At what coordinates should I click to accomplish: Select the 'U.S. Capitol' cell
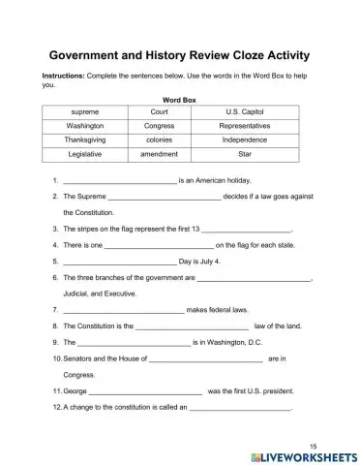pyautogui.click(x=244, y=111)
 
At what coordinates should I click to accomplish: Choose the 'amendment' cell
pyautogui.click(x=159, y=153)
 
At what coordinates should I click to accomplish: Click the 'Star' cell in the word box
pyautogui.click(x=244, y=153)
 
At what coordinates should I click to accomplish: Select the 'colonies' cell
pyautogui.click(x=159, y=139)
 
